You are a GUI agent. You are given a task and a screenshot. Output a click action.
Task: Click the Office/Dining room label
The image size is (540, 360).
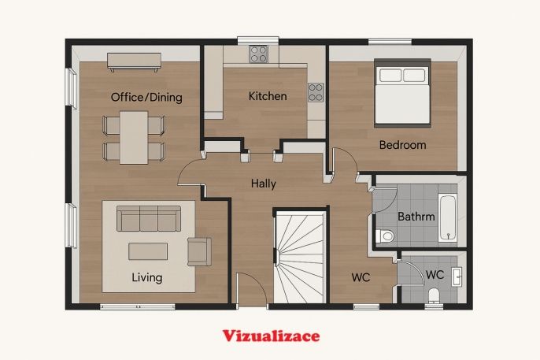146,97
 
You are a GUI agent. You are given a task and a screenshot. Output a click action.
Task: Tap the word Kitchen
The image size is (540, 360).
268,96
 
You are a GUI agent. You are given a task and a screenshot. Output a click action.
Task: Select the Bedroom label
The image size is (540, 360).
402,145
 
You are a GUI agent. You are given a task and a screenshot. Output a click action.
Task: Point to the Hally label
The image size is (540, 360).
264,184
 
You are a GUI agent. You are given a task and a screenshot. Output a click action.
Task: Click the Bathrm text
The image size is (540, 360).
416,217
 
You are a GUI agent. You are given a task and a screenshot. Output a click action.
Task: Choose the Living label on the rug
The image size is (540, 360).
147,277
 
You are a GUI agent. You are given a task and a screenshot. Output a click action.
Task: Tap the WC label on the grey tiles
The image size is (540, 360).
435,275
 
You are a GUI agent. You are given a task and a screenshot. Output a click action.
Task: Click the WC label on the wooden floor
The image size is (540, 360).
361,277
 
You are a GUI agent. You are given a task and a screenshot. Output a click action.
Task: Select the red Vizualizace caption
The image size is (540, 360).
271,336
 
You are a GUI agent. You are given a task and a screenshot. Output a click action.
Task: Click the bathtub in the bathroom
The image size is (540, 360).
448,217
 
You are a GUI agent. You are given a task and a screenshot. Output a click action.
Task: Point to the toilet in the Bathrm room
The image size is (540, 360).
385,236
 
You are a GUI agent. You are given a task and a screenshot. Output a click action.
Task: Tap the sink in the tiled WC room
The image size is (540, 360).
457,276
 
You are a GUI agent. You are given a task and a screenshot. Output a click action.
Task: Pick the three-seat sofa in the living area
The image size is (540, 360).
149,218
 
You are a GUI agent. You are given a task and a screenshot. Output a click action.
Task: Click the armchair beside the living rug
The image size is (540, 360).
199,251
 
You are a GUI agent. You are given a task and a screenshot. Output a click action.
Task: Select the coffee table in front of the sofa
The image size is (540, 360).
148,251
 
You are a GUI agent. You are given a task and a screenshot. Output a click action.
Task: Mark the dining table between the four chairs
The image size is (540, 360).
134,137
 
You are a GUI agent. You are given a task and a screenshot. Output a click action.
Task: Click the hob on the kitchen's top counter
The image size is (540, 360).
259,54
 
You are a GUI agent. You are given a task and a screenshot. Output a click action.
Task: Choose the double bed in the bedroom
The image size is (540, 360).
402,93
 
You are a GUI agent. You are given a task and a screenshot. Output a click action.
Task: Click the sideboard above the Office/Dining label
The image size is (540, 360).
134,61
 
